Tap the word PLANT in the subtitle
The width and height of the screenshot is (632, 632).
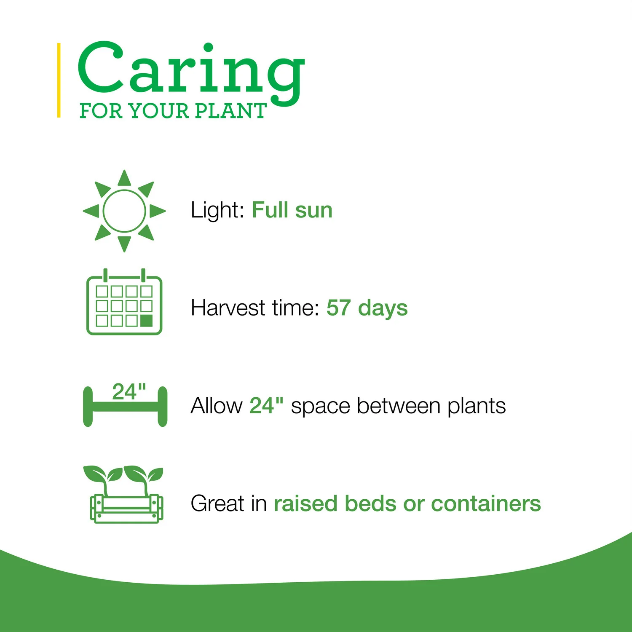231,111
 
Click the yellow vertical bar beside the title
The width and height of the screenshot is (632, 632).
59,80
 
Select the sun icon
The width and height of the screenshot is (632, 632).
124,211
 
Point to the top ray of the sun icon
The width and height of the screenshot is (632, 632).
124,178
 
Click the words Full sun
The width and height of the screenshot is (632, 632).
292,210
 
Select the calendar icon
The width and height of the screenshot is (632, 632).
124,302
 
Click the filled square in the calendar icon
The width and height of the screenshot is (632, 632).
146,321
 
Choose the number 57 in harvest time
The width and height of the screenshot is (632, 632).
338,308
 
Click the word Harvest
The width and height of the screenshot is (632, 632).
228,308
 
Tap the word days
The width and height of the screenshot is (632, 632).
383,308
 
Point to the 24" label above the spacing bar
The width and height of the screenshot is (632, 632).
129,391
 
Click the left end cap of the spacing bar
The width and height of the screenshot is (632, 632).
88,407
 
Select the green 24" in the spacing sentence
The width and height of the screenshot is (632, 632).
266,405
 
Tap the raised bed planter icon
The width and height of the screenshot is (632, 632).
124,494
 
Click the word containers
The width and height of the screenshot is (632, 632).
486,503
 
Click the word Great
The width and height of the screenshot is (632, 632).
217,503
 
